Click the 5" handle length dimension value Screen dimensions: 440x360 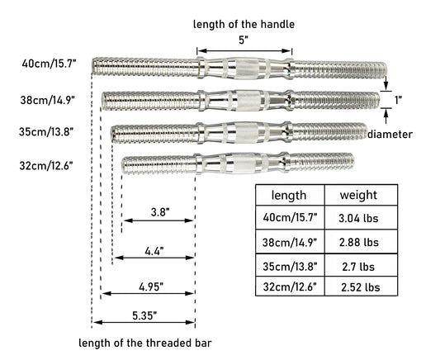coord(244,40)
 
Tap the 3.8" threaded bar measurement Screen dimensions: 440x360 coord(160,212)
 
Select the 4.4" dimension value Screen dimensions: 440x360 coord(154,251)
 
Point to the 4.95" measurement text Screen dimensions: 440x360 coord(151,287)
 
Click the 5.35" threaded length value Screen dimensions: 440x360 coord(144,315)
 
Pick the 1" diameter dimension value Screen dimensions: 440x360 coord(398,100)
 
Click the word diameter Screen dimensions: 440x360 coord(390,135)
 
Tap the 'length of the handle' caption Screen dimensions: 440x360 coord(244,25)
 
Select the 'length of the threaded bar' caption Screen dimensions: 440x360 coord(145,343)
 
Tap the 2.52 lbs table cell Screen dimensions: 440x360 coord(361,287)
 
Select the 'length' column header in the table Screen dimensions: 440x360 coord(290,195)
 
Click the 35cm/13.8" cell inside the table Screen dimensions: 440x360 coord(290,265)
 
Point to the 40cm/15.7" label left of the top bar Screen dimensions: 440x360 coord(49,64)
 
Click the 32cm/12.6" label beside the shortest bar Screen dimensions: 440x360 coord(46,165)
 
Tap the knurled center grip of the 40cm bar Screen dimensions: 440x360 coord(247,69)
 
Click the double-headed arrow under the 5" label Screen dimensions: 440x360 coord(244,51)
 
